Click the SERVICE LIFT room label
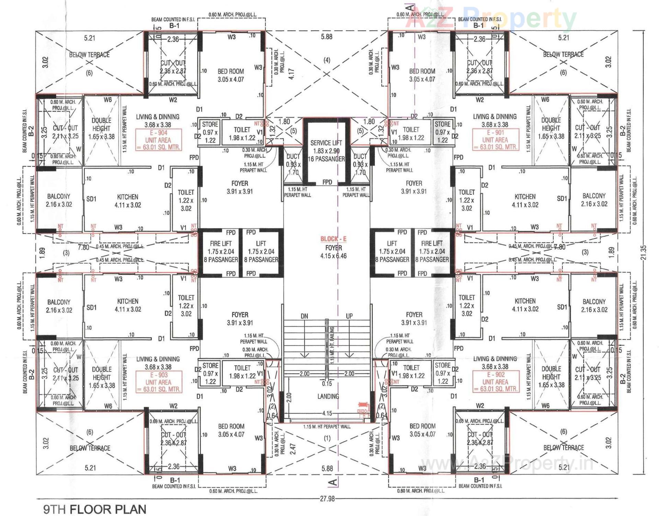(326, 143)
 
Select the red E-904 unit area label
(158, 140)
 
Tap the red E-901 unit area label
(495, 140)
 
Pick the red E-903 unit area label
(158, 382)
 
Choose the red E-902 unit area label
(495, 382)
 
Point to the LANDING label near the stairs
(328, 396)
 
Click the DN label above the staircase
(304, 316)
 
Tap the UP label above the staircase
(349, 316)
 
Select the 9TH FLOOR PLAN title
(95, 509)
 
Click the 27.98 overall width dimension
(327, 498)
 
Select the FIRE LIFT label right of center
(432, 243)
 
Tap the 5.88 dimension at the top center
(326, 37)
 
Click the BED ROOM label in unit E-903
(231, 426)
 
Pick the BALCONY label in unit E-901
(594, 196)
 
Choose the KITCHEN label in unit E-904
(128, 197)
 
